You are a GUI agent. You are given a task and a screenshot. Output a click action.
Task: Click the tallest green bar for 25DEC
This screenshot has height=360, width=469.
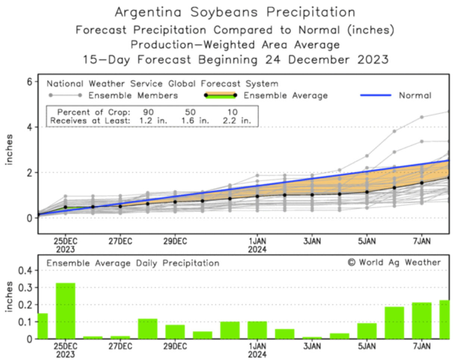pyautogui.click(x=65, y=311)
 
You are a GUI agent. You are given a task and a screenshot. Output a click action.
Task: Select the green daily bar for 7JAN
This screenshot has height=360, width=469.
pyautogui.click(x=422, y=320)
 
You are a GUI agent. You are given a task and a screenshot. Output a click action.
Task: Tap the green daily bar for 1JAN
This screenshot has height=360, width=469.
pyautogui.click(x=257, y=330)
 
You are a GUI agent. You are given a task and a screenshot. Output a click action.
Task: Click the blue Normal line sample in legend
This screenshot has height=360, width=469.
pyautogui.click(x=375, y=95)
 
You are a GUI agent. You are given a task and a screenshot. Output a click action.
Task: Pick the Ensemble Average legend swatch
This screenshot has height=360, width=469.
pyautogui.click(x=221, y=95)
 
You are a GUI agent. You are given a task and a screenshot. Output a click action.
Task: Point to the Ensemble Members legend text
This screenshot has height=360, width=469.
pyautogui.click(x=133, y=96)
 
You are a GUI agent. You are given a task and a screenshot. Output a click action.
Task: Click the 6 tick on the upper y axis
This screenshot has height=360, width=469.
pyautogui.click(x=30, y=81)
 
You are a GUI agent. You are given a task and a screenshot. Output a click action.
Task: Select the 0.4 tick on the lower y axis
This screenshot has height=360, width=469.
pyautogui.click(x=25, y=270)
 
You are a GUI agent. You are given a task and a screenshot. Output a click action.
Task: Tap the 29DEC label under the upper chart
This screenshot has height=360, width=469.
pyautogui.click(x=175, y=241)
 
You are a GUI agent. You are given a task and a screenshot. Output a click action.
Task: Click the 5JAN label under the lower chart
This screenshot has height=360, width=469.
pyautogui.click(x=367, y=346)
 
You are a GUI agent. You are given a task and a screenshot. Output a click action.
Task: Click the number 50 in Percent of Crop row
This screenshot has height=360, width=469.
pyautogui.click(x=190, y=112)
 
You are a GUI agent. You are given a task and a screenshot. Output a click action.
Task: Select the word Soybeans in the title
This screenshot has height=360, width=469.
pyautogui.click(x=224, y=12)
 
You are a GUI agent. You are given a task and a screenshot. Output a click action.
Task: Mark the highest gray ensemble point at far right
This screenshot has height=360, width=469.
pyautogui.click(x=448, y=111)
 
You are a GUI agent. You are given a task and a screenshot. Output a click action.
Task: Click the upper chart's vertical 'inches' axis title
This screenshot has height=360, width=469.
pyautogui.click(x=9, y=149)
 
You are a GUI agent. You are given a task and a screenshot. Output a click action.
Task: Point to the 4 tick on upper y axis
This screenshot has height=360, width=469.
pyautogui.click(x=30, y=127)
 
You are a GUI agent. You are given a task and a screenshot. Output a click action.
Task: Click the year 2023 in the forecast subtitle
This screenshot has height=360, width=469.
pyautogui.click(x=373, y=59)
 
